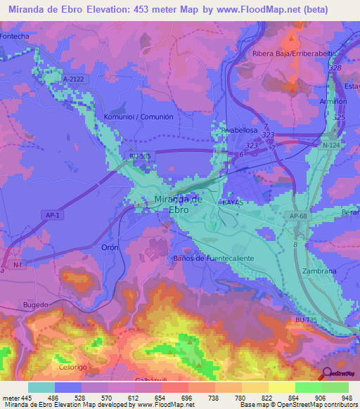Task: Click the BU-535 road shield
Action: (x=139, y=157)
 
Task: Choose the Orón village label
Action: (x=110, y=247)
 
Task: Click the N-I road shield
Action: (x=18, y=264)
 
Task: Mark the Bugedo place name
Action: (x=35, y=304)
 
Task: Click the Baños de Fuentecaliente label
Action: (x=213, y=258)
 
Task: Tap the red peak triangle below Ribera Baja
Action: (x=292, y=89)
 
